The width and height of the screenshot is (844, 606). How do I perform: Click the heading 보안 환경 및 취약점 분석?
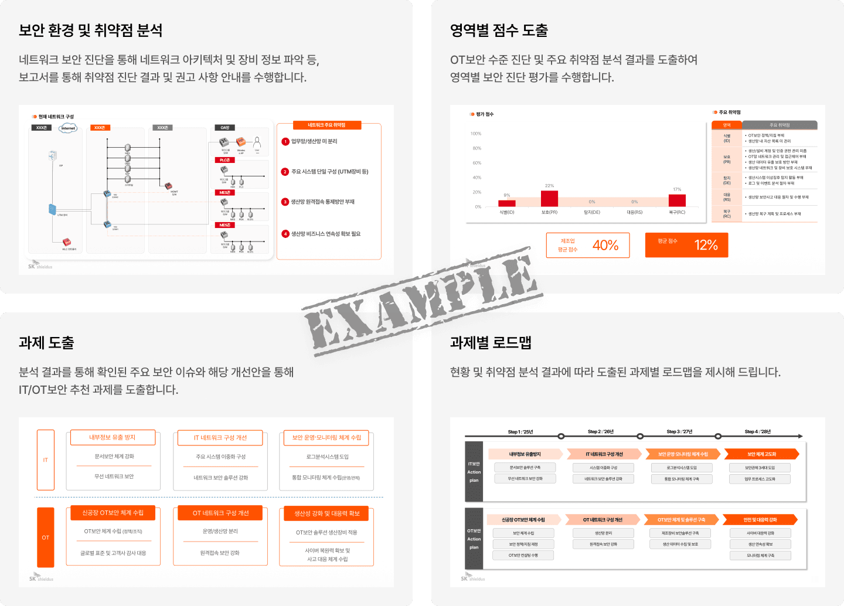pyautogui.click(x=91, y=30)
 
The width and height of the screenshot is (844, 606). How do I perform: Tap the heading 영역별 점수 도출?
pyautogui.click(x=499, y=30)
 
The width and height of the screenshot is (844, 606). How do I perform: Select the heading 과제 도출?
pyautogui.click(x=46, y=343)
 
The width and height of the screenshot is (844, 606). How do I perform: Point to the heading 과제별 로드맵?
pyautogui.click(x=491, y=343)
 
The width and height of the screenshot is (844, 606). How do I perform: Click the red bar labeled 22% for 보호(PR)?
pyautogui.click(x=549, y=199)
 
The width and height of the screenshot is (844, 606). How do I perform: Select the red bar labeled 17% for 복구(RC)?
pyautogui.click(x=677, y=200)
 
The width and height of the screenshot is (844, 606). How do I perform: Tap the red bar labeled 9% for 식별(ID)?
pyautogui.click(x=506, y=203)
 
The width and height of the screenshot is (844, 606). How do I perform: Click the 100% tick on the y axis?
pyautogui.click(x=475, y=134)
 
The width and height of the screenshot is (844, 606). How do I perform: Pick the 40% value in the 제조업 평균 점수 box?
pyautogui.click(x=605, y=246)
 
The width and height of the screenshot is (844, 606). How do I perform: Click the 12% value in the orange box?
pyautogui.click(x=706, y=246)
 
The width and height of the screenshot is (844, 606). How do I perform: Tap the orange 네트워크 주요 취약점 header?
pyautogui.click(x=327, y=125)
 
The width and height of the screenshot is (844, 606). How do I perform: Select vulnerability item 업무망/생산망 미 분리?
pyautogui.click(x=314, y=141)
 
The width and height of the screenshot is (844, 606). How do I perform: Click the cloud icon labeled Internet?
pyautogui.click(x=68, y=128)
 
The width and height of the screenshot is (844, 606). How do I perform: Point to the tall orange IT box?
pyautogui.click(x=46, y=460)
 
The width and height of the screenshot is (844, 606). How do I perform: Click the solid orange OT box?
pyautogui.click(x=46, y=537)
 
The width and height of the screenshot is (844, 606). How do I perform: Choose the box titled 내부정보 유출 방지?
pyautogui.click(x=113, y=438)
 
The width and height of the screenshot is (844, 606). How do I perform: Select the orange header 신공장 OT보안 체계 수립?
pyautogui.click(x=113, y=513)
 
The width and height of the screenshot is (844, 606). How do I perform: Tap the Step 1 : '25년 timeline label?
pyautogui.click(x=520, y=432)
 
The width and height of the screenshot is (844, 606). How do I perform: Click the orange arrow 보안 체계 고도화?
pyautogui.click(x=761, y=454)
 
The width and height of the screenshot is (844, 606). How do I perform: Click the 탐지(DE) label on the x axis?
pyautogui.click(x=592, y=212)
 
